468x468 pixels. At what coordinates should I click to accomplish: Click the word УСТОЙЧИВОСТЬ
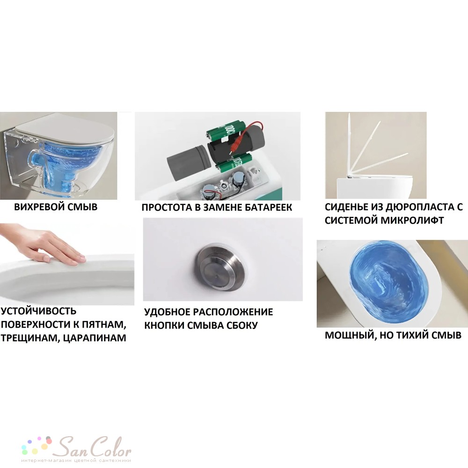(38, 311)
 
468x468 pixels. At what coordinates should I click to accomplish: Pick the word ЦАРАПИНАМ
(95, 338)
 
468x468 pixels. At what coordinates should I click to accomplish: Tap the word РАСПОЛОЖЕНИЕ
(233, 312)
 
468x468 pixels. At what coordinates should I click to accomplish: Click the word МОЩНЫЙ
(346, 336)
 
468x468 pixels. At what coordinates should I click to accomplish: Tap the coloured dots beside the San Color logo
(37, 446)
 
